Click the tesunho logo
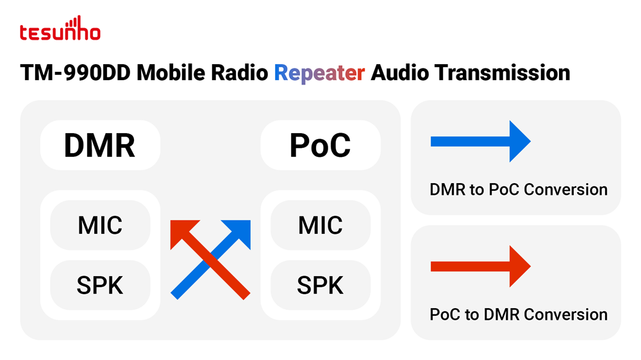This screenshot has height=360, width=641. click(60, 29)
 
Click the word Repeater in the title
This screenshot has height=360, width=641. click(319, 73)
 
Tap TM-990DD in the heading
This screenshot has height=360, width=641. click(75, 73)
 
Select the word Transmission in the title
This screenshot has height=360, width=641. click(502, 73)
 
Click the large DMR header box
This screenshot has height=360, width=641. click(100, 145)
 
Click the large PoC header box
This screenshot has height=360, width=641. click(320, 145)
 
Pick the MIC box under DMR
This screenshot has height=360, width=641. click(100, 225)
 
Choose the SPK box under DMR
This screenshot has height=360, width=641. click(100, 285)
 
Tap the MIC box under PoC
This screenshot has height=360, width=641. click(320, 225)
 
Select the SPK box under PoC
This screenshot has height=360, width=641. click(320, 285)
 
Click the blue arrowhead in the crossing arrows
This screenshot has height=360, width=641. click(240, 231)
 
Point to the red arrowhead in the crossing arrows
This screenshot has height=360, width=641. click(181, 231)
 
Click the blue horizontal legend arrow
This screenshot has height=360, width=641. click(481, 142)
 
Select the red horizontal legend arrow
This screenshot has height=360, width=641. click(481, 266)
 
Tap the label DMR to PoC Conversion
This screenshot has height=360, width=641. click(519, 190)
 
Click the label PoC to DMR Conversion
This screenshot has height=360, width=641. click(519, 315)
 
